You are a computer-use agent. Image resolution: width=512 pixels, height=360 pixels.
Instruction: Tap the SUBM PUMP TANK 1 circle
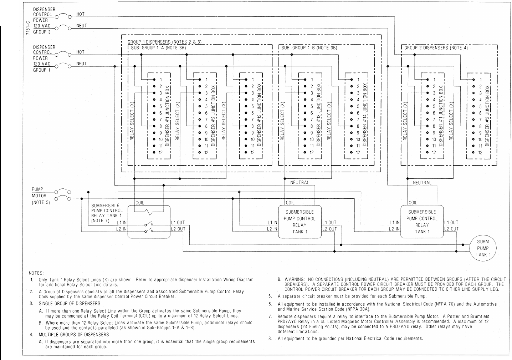[x=483, y=248]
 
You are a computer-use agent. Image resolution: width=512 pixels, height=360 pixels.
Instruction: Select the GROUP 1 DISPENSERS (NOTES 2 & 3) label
[x=164, y=42]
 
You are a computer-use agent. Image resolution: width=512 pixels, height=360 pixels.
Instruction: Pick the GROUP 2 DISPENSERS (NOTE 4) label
[x=436, y=48]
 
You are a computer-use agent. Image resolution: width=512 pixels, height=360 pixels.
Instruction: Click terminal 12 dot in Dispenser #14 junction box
[x=352, y=153]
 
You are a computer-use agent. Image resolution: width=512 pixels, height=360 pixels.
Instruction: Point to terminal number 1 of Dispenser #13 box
[x=312, y=80]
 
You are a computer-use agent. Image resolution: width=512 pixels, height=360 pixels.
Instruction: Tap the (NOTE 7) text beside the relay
[x=100, y=220]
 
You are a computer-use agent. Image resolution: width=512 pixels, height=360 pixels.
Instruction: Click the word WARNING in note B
[x=294, y=279]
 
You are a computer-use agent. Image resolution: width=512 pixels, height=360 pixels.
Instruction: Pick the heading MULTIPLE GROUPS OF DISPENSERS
[x=74, y=335]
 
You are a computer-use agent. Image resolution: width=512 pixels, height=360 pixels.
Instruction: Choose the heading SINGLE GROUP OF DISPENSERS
[x=70, y=304]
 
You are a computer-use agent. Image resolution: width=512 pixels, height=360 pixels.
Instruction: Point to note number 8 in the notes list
[x=270, y=339]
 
